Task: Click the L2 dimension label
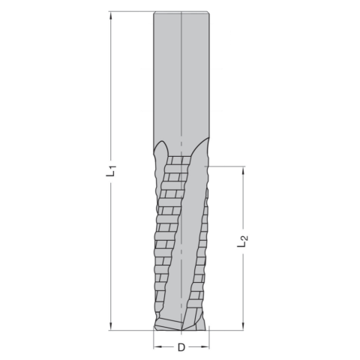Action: click(241, 241)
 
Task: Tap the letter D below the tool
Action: click(181, 347)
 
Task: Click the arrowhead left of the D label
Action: click(157, 347)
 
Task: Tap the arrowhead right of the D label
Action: click(205, 347)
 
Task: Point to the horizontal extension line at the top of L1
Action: click(131, 11)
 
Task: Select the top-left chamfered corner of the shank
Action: click(154, 13)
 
